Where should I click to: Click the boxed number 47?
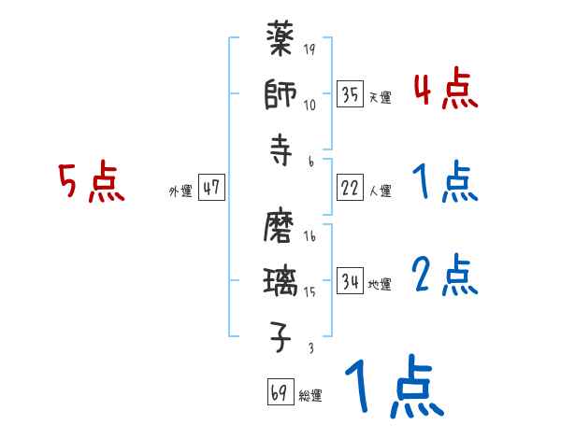pos(211,188)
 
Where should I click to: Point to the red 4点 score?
pos(445,92)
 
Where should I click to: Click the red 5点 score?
pos(92,183)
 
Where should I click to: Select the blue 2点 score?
pos(445,276)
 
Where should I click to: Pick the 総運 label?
pos(310,396)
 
